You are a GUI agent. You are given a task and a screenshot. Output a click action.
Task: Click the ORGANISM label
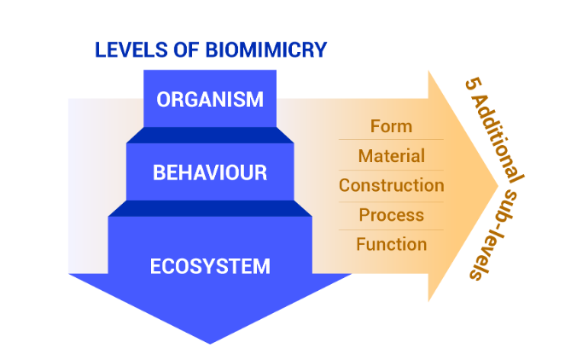(x=210, y=99)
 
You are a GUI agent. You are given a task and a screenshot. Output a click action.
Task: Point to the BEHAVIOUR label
(x=210, y=173)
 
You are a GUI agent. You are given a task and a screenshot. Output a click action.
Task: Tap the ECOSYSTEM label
(x=210, y=266)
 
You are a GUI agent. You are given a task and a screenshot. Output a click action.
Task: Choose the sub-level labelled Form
(x=391, y=126)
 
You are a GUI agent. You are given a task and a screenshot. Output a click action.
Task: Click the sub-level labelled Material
(x=391, y=156)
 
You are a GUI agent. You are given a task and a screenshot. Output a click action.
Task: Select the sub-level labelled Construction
(x=391, y=185)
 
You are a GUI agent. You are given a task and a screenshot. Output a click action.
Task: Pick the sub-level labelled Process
(x=391, y=215)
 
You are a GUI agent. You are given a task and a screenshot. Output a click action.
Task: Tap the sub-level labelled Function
(x=391, y=244)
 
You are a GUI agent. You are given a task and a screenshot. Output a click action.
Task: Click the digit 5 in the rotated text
(x=470, y=85)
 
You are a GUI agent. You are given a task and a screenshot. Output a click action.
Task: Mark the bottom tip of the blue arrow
(x=210, y=343)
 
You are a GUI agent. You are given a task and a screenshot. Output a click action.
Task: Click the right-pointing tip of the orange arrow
(x=498, y=186)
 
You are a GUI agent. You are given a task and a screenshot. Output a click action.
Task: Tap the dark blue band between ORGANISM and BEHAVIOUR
(x=210, y=135)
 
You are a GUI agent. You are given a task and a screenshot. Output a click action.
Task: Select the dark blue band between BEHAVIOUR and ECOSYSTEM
(x=210, y=209)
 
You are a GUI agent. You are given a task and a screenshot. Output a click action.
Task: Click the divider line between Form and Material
(x=391, y=140)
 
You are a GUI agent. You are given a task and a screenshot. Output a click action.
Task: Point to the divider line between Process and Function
(x=391, y=229)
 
